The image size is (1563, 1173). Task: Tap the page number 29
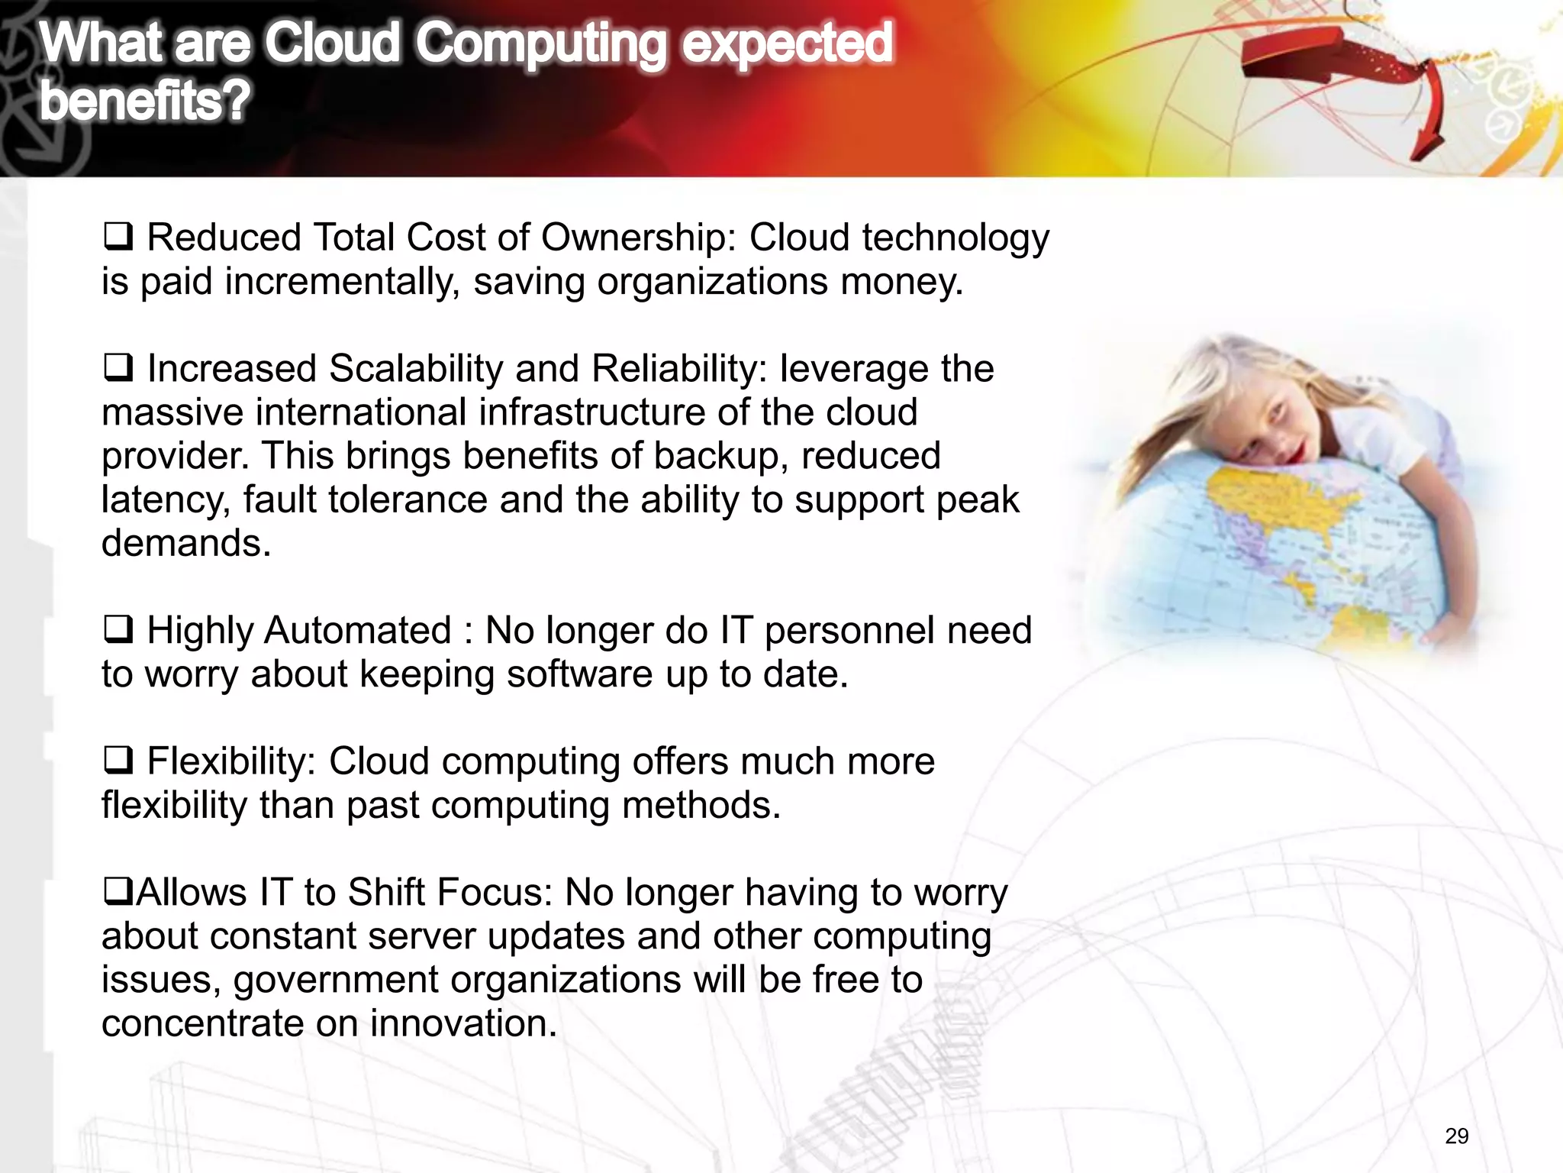[x=1456, y=1136]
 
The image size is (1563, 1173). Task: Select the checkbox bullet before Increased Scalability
[x=118, y=368]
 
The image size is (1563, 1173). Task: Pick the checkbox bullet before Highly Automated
[x=118, y=630]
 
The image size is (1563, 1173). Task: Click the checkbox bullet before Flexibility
[x=118, y=761]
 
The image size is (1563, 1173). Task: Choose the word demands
[x=186, y=543]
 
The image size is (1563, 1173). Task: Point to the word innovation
[x=463, y=1023]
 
